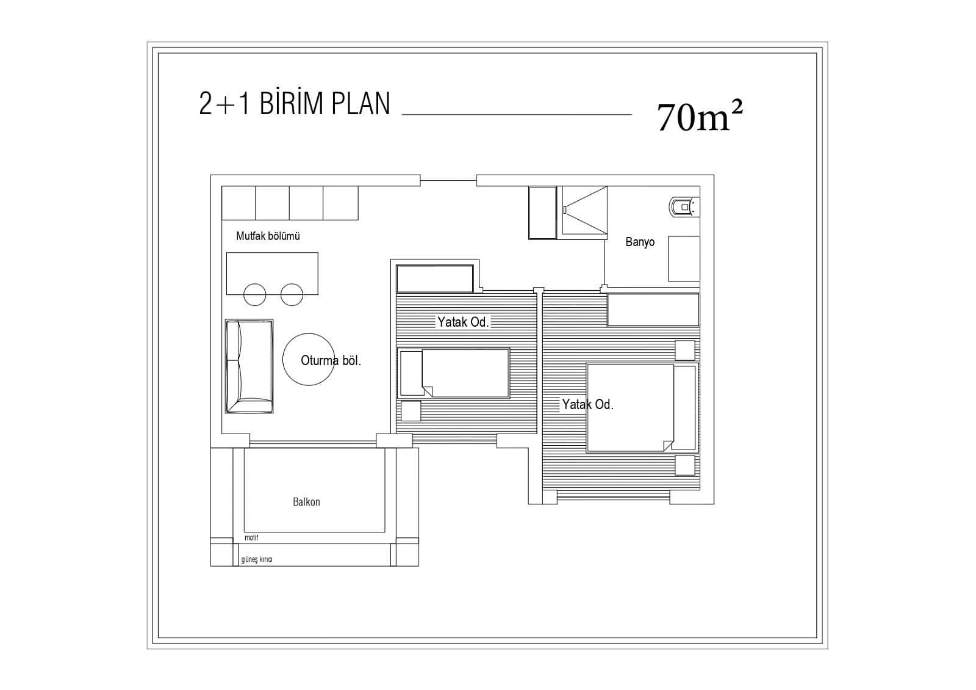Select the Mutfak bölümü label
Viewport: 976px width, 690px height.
(x=268, y=236)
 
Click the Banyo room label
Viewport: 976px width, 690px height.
(x=640, y=242)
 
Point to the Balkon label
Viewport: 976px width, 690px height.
(x=306, y=502)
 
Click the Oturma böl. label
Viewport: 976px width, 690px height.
(x=331, y=361)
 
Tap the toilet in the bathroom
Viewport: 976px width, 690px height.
(x=684, y=207)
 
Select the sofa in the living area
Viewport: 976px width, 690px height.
(x=249, y=366)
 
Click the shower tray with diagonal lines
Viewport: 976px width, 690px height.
(x=584, y=212)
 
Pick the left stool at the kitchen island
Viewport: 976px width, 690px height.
(x=254, y=295)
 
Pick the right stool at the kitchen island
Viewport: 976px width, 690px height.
(x=292, y=295)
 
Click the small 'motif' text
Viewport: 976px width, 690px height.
(x=251, y=538)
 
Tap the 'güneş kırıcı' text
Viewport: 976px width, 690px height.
(x=257, y=559)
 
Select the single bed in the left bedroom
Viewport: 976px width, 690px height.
(x=454, y=373)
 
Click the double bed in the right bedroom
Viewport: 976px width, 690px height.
(x=642, y=407)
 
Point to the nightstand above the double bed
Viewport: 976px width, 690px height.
(x=685, y=350)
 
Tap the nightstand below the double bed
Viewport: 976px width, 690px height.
(x=685, y=465)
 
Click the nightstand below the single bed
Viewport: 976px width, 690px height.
(x=411, y=411)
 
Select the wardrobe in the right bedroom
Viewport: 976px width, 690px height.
(x=653, y=310)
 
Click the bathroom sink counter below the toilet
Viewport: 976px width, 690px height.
(x=684, y=259)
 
